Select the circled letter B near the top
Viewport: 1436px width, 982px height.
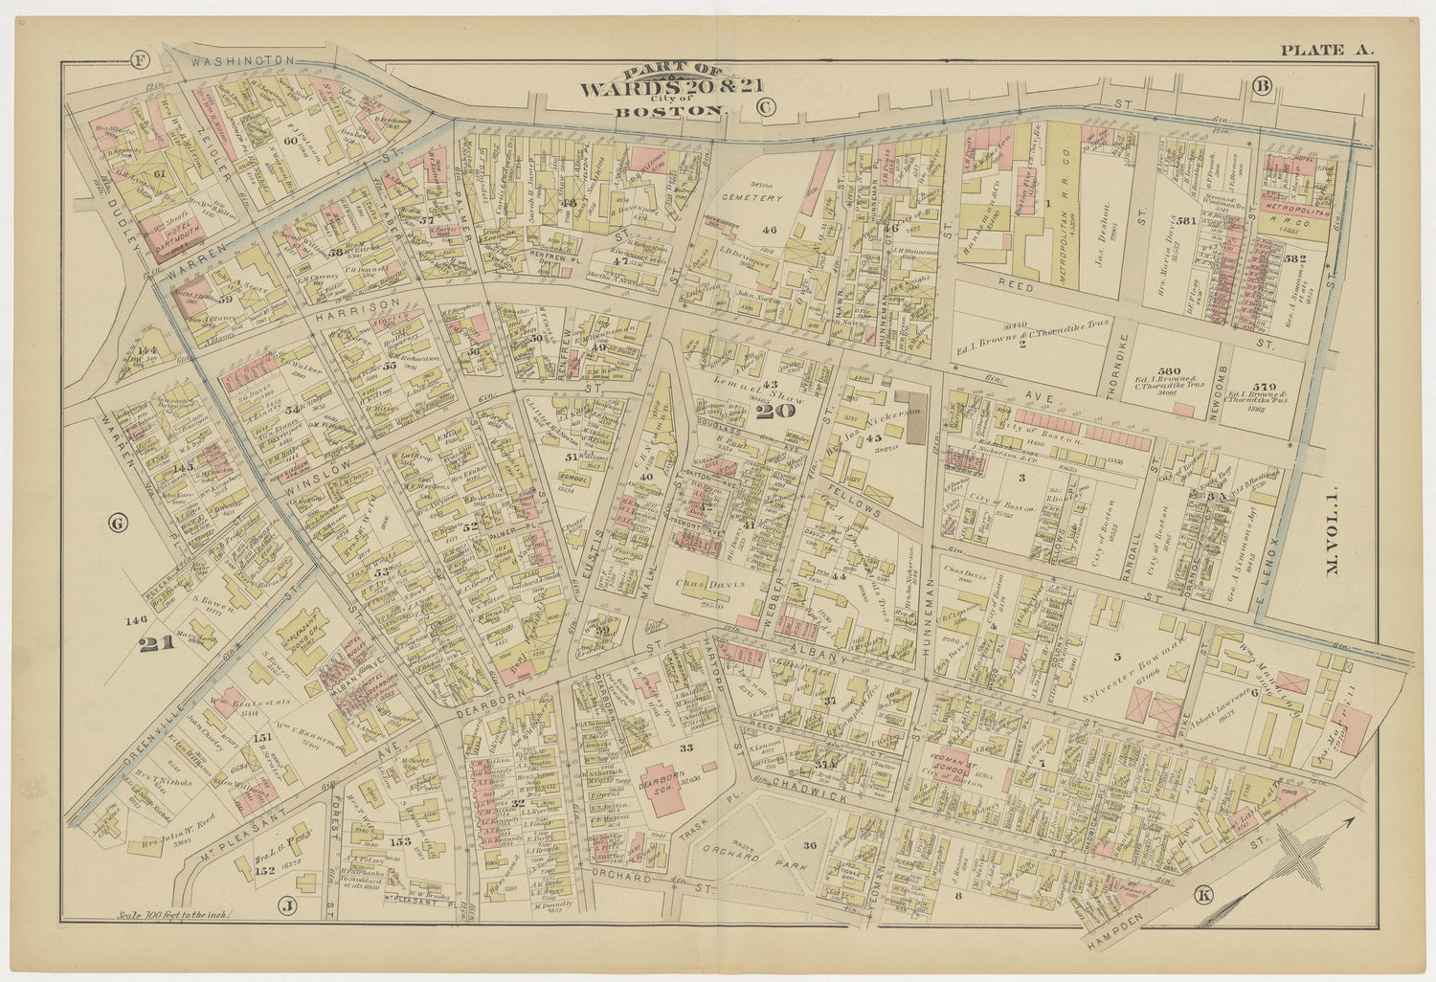[1262, 87]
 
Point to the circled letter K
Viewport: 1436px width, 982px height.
[1204, 895]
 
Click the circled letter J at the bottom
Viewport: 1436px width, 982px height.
[285, 904]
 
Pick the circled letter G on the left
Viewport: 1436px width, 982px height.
[119, 524]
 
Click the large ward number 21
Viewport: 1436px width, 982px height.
[157, 643]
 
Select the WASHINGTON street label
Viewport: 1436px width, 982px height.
[241, 60]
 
